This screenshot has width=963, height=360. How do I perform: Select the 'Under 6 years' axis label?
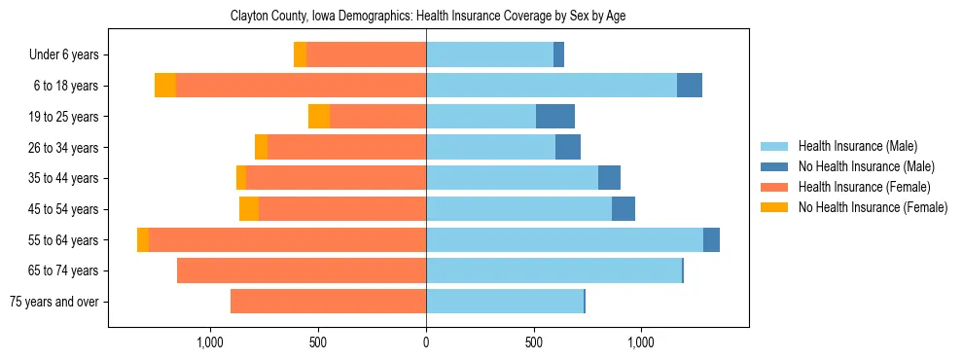(x=64, y=55)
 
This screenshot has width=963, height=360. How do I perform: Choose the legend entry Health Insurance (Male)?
(x=857, y=147)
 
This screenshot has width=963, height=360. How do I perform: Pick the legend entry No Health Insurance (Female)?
(x=873, y=207)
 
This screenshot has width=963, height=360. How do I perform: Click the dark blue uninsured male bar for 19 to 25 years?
(x=555, y=117)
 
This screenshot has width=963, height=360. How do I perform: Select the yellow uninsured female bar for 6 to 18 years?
(x=165, y=86)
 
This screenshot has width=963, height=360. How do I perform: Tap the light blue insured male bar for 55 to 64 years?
(x=564, y=240)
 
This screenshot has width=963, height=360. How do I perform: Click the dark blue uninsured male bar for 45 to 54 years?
(x=624, y=209)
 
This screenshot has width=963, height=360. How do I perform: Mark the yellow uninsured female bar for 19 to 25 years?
(x=319, y=117)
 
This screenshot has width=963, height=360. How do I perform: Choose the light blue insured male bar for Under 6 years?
(x=489, y=55)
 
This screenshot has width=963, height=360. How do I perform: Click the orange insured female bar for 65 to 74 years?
(x=302, y=270)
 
